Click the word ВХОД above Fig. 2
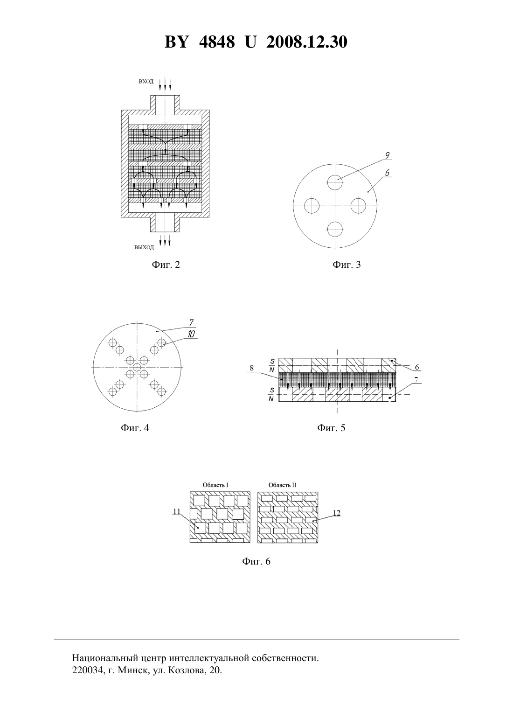tap(146, 81)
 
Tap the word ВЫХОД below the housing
tap(144, 248)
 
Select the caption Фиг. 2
tap(166, 265)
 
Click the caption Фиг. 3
tap(347, 265)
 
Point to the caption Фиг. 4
tap(135, 428)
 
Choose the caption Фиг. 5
tap(331, 428)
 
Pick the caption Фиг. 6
tap(256, 561)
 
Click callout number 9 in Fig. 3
tap(387, 155)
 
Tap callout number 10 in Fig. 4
tap(191, 334)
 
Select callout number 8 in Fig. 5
tap(252, 368)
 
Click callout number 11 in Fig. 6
tap(176, 511)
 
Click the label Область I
tap(215, 485)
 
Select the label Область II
tap(283, 485)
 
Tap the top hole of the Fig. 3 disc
tap(335, 182)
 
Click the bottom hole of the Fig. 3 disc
tap(335, 230)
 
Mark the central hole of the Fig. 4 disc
tap(137, 367)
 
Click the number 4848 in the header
tap(217, 42)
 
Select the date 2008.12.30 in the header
tap(307, 42)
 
